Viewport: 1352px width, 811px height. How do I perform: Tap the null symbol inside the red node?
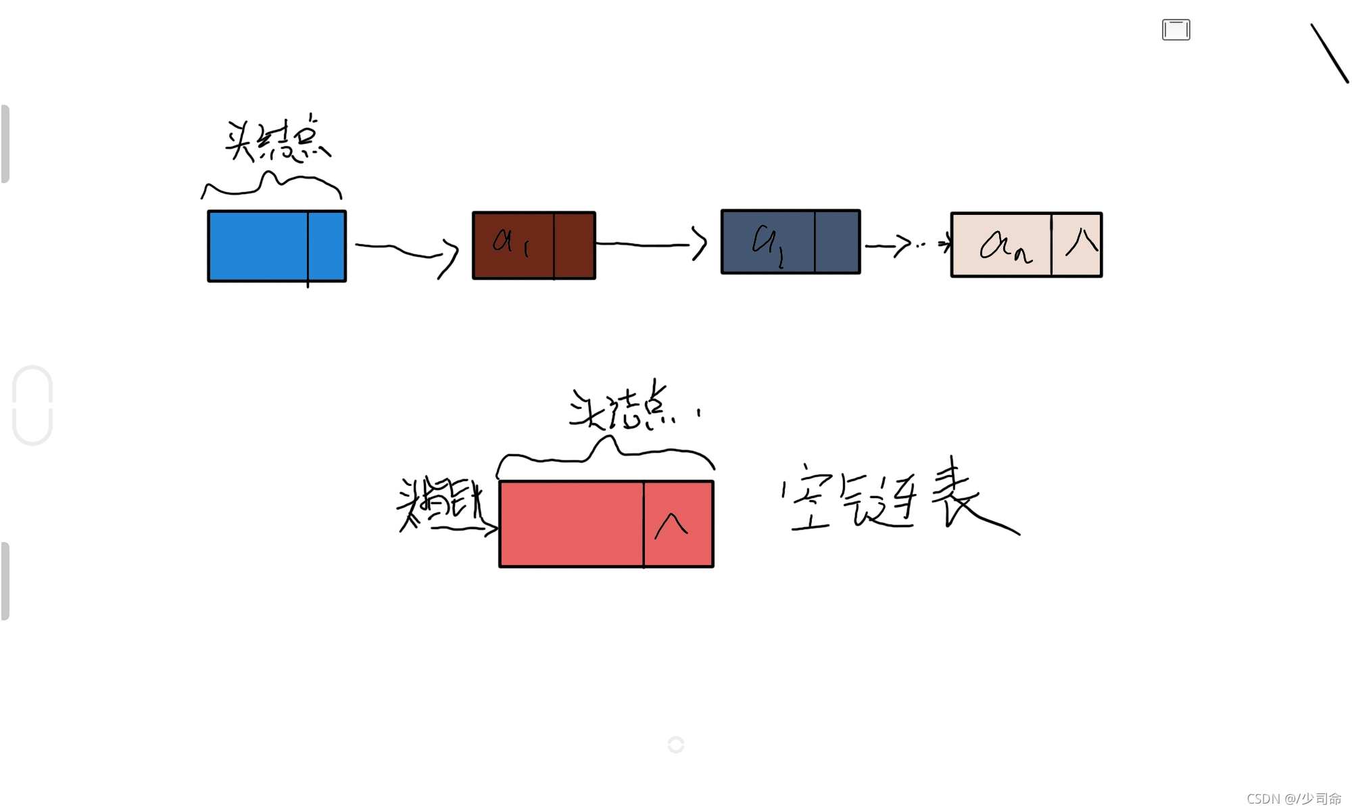coord(671,526)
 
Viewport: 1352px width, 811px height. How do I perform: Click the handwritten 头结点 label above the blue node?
coord(277,141)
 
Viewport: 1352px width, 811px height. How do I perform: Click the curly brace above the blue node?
coord(271,185)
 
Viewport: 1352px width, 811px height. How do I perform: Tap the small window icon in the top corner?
coord(1176,30)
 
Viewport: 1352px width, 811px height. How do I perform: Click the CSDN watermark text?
coord(1293,798)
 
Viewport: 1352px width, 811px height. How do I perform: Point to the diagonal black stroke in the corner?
coord(1329,53)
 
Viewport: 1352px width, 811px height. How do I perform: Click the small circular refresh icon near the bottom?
coord(675,744)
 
